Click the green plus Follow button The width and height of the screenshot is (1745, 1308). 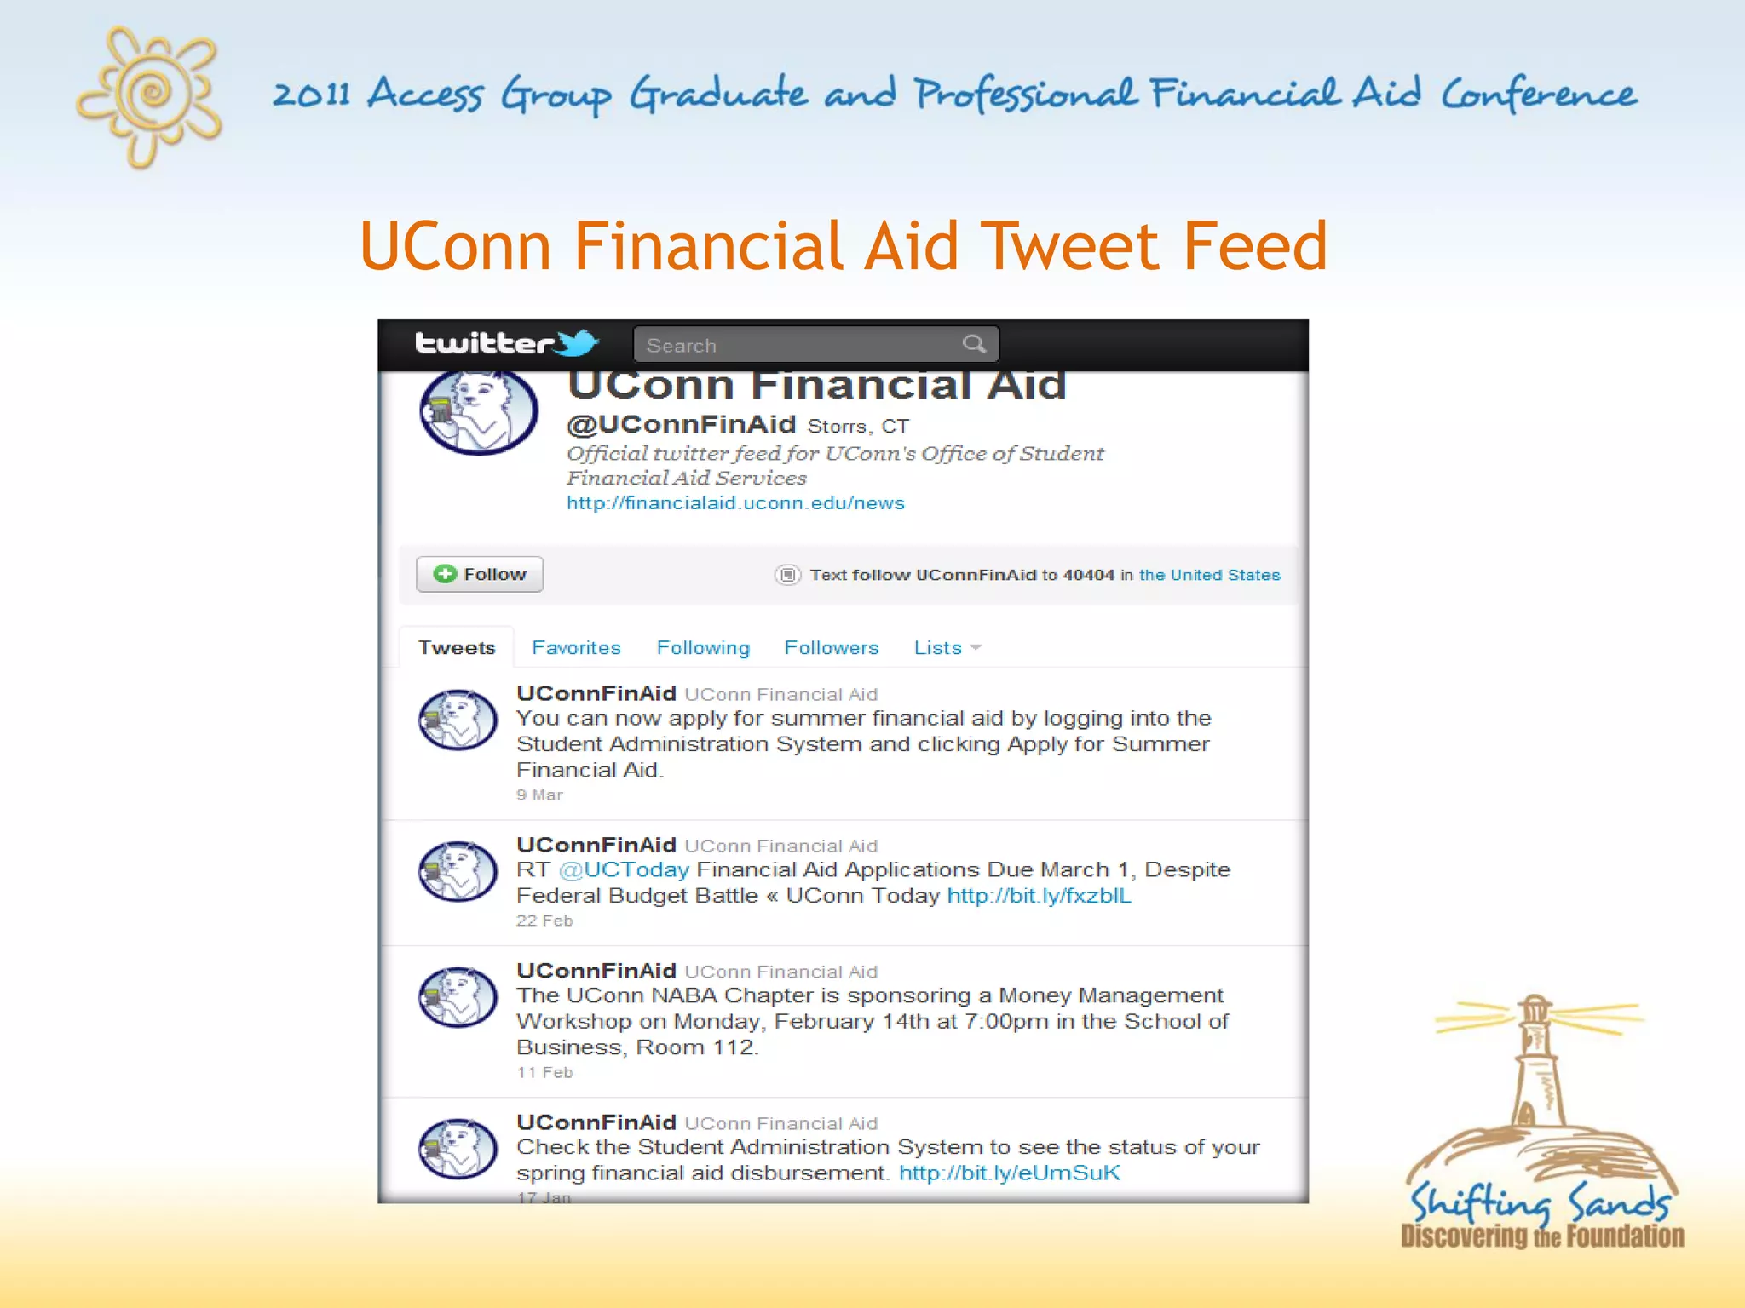pyautogui.click(x=479, y=574)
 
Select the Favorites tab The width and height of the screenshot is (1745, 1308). pyautogui.click(x=576, y=648)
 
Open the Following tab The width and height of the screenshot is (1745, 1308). pyautogui.click(x=703, y=648)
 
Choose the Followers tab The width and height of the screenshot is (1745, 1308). pyautogui.click(x=831, y=648)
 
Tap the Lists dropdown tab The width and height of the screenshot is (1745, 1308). pyautogui.click(x=947, y=648)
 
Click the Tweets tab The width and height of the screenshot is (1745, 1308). pyautogui.click(x=457, y=648)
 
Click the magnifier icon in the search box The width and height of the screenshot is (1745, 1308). pyautogui.click(x=974, y=344)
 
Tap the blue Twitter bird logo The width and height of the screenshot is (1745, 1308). pyautogui.click(x=579, y=343)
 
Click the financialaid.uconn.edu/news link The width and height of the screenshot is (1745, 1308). pyautogui.click(x=735, y=503)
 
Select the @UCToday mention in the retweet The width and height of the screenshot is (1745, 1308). pyautogui.click(x=624, y=869)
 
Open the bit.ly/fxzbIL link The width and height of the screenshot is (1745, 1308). pyautogui.click(x=1039, y=896)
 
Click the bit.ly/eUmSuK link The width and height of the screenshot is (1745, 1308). pyautogui.click(x=1009, y=1173)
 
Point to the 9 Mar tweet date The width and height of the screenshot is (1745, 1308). pyautogui.click(x=539, y=795)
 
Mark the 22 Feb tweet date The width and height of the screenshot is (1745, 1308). pyautogui.click(x=544, y=921)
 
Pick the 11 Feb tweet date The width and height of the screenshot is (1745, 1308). pyautogui.click(x=544, y=1072)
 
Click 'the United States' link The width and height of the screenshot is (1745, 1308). pyautogui.click(x=1209, y=575)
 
